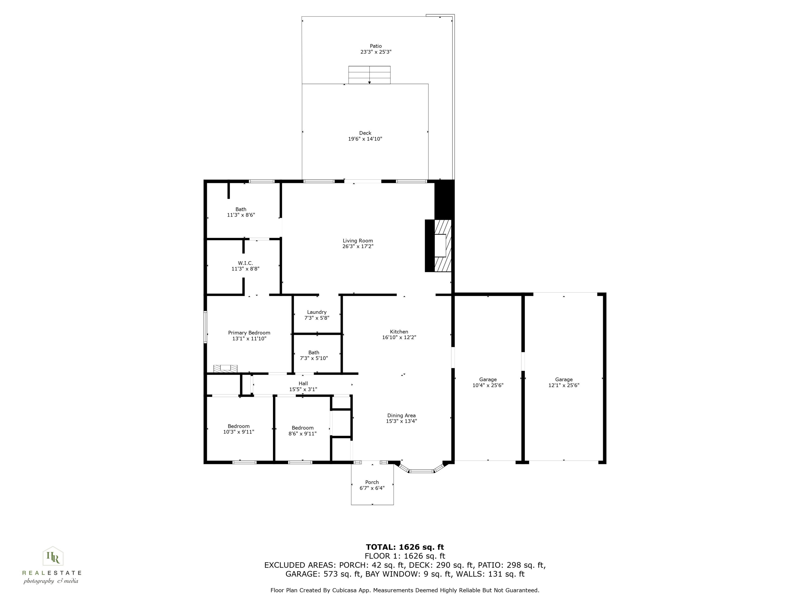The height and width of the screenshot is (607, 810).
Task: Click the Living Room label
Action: pos(357,241)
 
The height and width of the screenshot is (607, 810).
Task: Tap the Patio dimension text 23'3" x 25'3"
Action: pos(376,52)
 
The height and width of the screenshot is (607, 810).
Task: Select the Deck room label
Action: pos(365,133)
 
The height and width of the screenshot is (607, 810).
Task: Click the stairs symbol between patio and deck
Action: pos(369,75)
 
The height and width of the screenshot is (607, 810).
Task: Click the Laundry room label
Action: pos(317,312)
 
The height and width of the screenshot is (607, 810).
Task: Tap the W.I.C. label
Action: pos(245,263)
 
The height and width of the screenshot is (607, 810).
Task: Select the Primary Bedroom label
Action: pos(249,333)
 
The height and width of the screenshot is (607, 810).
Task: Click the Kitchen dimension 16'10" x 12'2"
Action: pos(399,337)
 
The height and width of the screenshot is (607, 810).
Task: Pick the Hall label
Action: pos(303,383)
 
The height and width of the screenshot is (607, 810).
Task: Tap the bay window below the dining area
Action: pos(421,471)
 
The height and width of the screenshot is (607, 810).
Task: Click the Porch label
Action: pos(372,482)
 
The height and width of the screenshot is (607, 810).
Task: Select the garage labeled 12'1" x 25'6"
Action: pos(563,382)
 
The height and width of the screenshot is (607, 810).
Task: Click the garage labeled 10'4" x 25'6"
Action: pos(488,382)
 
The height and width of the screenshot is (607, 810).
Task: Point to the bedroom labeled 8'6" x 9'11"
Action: pos(302,431)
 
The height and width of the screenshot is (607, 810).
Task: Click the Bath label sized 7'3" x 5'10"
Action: pos(314,353)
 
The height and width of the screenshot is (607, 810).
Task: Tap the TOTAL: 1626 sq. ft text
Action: pos(405,547)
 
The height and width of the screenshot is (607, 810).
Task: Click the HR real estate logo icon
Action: pos(53,557)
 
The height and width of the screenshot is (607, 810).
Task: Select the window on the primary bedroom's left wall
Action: pos(205,327)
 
